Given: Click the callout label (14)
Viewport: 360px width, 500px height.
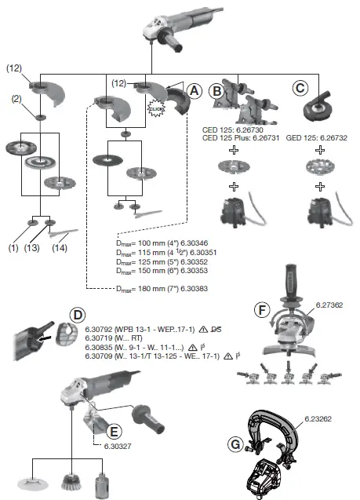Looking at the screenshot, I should [x=60, y=249].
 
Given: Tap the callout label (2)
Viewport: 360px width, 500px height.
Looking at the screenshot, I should [x=16, y=100].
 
